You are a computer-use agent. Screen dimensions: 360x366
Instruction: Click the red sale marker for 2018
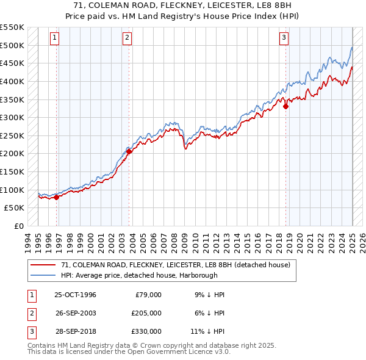(285, 106)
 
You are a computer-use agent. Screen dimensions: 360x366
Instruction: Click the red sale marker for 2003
(129, 151)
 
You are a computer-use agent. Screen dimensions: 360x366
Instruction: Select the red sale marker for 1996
(57, 197)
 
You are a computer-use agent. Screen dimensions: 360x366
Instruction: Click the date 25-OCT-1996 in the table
(76, 295)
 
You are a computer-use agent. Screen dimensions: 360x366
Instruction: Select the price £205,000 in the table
(146, 312)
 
